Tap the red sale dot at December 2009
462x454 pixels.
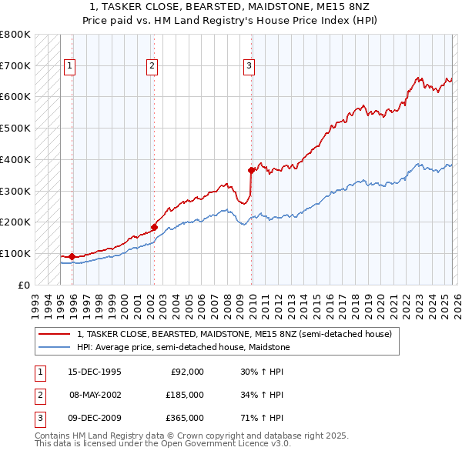252,170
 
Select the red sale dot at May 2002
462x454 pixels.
154,226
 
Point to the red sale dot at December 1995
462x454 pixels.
72,256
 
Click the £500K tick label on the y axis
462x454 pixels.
15,128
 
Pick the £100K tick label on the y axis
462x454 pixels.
15,253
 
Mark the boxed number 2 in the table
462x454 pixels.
39,395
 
